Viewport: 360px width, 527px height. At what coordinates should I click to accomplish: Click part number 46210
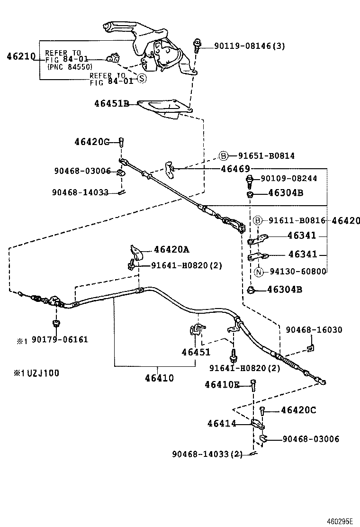point(21,56)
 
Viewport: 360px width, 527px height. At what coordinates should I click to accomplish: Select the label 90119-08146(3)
point(249,46)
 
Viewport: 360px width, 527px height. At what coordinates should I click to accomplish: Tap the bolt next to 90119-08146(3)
point(197,45)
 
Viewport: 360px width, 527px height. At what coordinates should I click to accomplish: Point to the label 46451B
point(111,103)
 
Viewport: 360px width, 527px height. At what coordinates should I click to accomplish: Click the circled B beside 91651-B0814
point(224,156)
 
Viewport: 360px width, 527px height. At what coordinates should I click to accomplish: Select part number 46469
point(235,168)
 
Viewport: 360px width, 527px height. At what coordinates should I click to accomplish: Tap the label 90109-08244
point(289,179)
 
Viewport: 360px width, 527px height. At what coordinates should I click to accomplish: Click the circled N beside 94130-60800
point(259,272)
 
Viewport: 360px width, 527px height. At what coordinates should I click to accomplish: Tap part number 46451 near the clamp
point(196,352)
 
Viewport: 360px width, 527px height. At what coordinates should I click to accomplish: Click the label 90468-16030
point(314,329)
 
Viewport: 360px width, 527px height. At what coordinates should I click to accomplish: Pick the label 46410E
point(222,385)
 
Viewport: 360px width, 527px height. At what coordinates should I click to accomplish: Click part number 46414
point(221,423)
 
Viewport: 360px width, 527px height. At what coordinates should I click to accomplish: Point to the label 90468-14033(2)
point(207,454)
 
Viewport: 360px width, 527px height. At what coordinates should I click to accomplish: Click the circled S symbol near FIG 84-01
point(142,79)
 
